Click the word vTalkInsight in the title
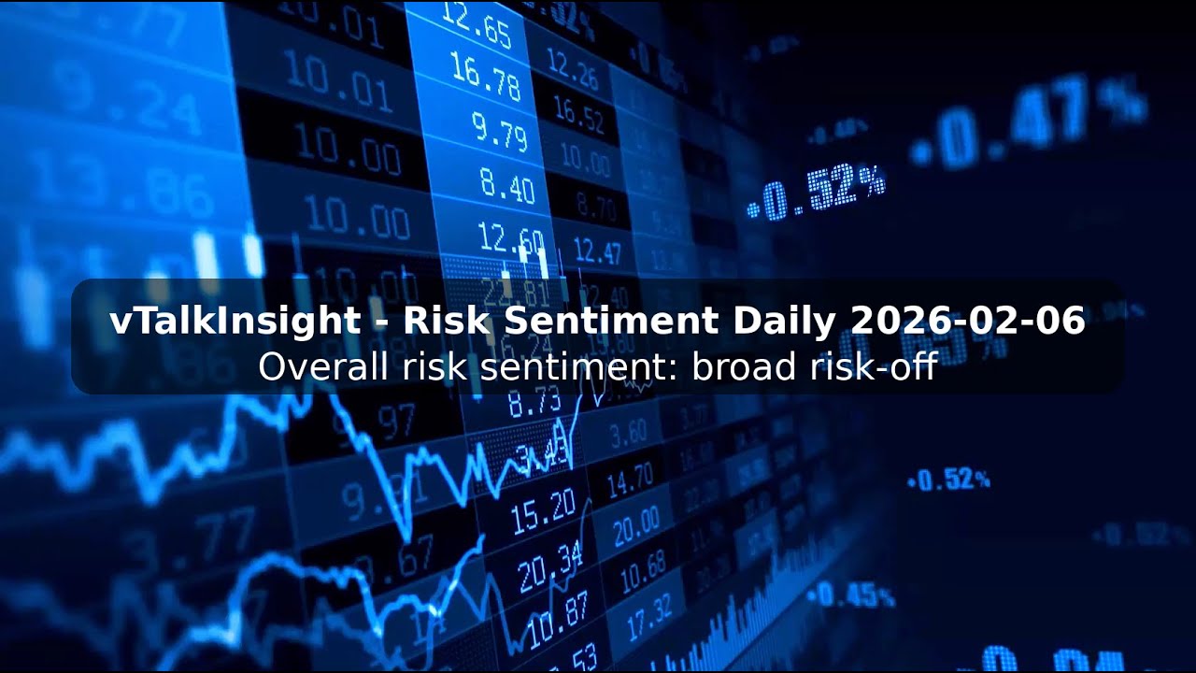pos(235,322)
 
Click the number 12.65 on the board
pos(477,26)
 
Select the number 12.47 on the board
pos(597,251)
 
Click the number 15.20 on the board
pos(544,508)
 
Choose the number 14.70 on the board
pos(630,483)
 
